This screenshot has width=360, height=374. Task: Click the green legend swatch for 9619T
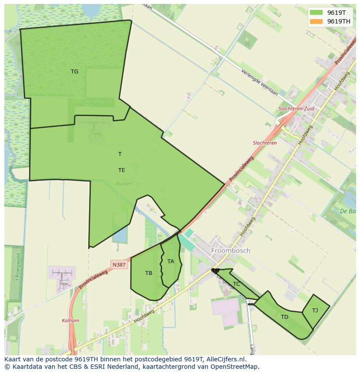[x=317, y=13]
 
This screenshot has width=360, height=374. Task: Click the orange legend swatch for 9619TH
[x=317, y=21]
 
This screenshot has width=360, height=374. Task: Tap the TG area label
[x=75, y=72]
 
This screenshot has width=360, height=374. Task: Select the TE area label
[x=122, y=170]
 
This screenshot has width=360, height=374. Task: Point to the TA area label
[x=170, y=261]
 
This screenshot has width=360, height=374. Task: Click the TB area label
[x=149, y=273]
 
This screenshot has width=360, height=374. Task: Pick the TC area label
[x=237, y=284]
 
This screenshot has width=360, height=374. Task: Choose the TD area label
[x=284, y=317]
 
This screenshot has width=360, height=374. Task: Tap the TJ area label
[x=315, y=310]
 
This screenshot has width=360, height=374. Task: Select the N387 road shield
[x=119, y=265]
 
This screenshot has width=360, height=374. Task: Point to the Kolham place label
[x=70, y=321]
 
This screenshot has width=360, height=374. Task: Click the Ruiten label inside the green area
[x=123, y=184]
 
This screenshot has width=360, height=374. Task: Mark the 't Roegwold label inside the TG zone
[x=96, y=103]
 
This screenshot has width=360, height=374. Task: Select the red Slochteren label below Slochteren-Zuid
[x=265, y=143]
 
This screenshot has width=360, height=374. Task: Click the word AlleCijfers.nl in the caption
[x=224, y=359]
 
